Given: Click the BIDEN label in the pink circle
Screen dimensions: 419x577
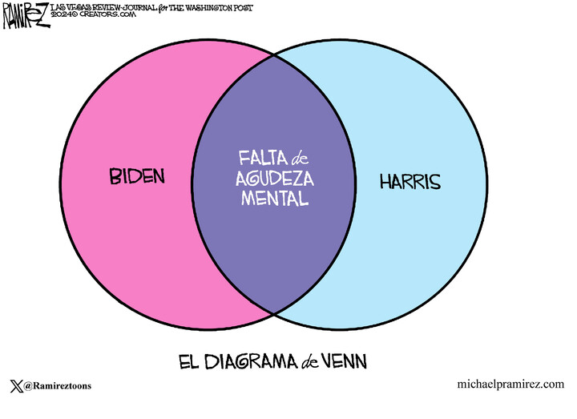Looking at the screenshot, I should point(137,175).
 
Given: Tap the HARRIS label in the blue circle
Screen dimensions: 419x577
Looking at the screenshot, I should point(410,182).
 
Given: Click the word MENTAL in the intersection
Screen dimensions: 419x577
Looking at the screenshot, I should point(275,198).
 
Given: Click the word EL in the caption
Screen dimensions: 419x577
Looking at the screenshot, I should point(187,361).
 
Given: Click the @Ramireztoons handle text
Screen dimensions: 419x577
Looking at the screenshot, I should point(58,385).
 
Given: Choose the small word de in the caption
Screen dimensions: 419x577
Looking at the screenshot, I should point(309,362).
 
